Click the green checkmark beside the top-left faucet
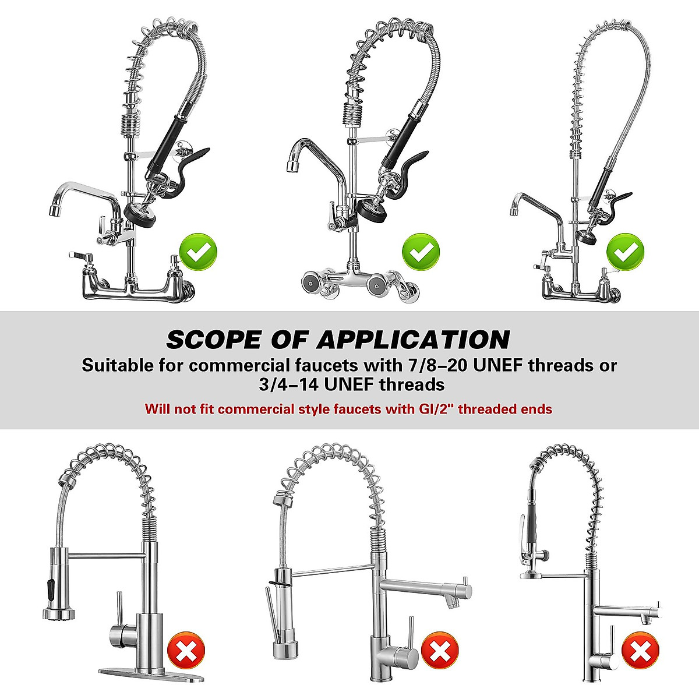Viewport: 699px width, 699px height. click(198, 253)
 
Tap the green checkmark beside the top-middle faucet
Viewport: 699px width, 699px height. click(421, 252)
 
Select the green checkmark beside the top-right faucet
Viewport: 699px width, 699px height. click(626, 252)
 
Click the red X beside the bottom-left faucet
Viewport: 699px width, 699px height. click(186, 650)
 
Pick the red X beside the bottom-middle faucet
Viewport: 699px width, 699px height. click(440, 650)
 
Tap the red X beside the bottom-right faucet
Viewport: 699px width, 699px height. click(640, 650)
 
